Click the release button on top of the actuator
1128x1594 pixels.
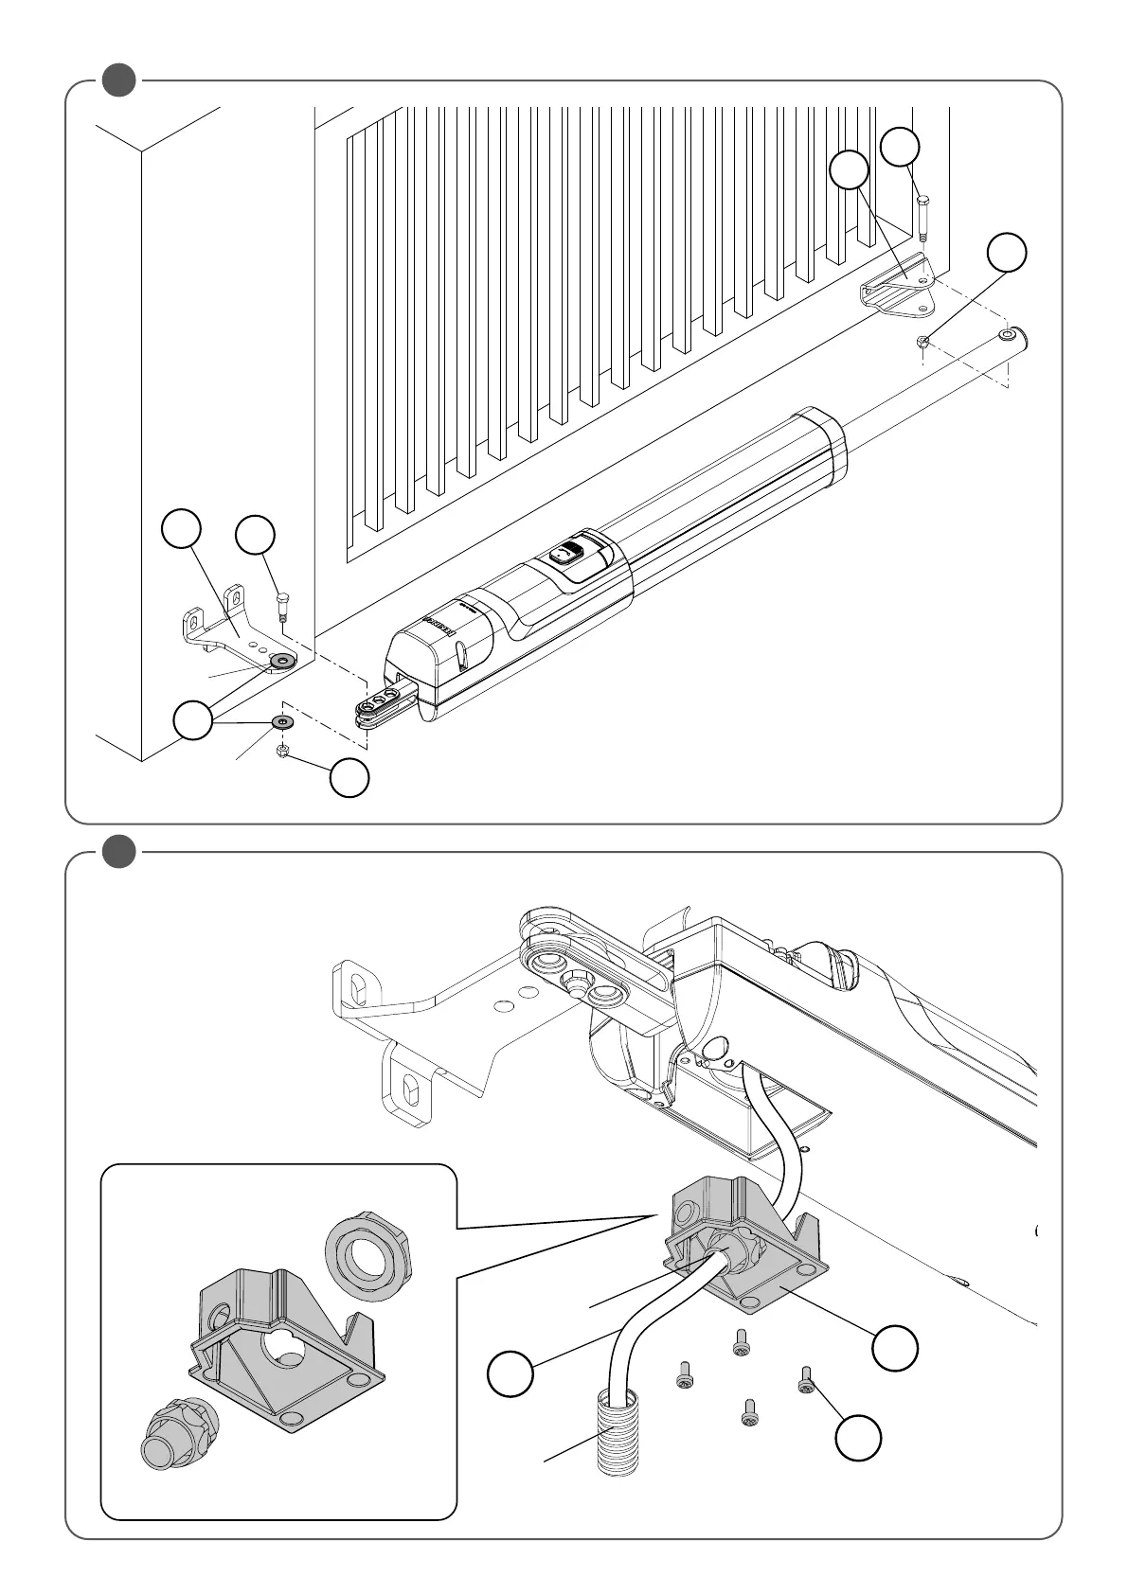click(569, 552)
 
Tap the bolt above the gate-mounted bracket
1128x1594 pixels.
click(923, 215)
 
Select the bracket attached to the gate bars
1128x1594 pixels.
click(895, 286)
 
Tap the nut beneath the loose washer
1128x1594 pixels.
click(282, 752)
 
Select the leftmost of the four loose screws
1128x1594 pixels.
click(684, 1373)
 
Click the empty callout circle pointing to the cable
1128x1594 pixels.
click(510, 1373)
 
